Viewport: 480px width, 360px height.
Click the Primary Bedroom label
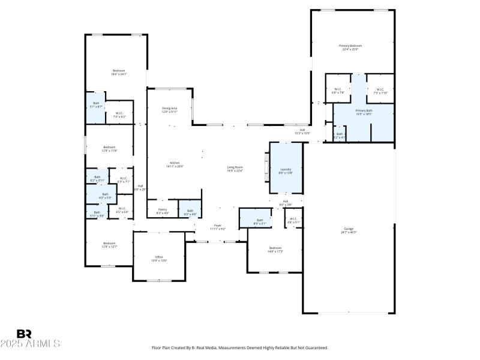coord(350,46)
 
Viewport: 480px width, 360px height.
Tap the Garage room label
coord(349,229)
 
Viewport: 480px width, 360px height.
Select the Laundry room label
coord(286,169)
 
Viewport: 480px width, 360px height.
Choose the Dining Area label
coord(170,109)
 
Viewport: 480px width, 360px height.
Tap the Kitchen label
coord(175,163)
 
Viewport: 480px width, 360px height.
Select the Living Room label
coord(235,167)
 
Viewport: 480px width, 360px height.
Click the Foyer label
coord(218,226)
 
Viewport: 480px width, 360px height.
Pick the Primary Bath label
coord(364,110)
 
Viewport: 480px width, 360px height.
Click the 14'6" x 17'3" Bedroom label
coord(275,248)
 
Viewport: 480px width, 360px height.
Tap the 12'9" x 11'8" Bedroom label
coord(109,147)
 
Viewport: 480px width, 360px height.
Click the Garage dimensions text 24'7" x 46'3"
coord(349,232)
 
